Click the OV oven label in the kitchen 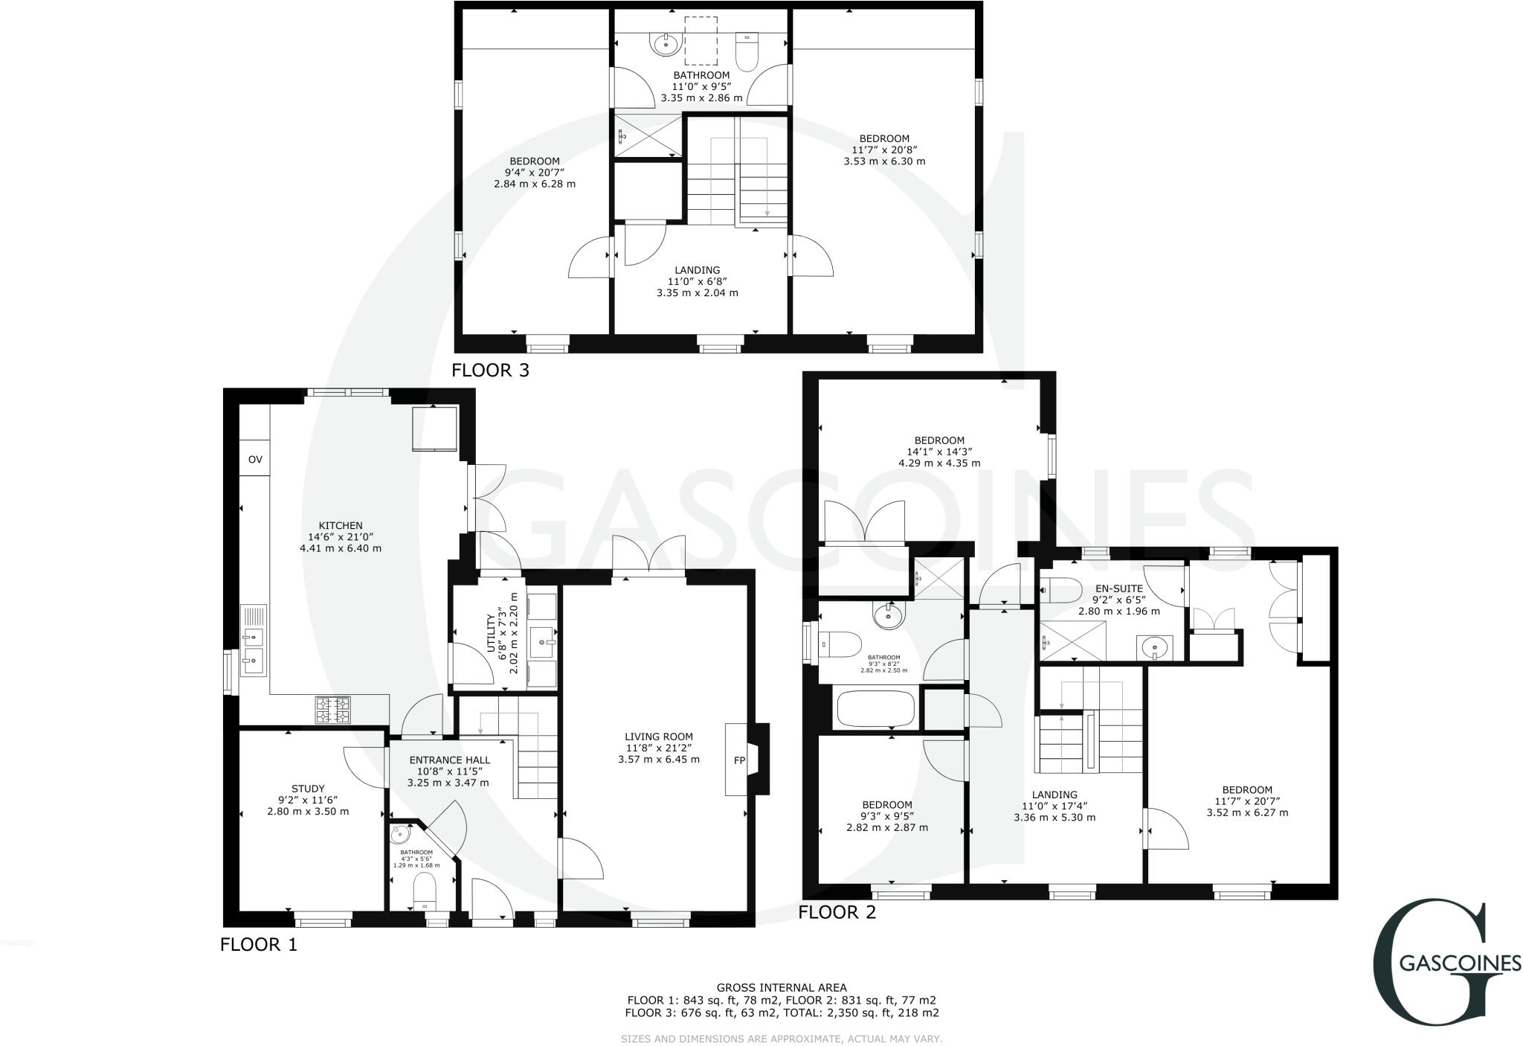(255, 460)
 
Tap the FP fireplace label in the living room (739, 760)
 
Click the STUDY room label (308, 789)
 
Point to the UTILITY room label (491, 633)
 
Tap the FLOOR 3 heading (491, 370)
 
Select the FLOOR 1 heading (259, 945)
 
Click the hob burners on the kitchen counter (333, 709)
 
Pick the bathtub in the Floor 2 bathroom (875, 709)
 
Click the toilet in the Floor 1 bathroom (424, 890)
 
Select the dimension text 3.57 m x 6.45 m (658, 760)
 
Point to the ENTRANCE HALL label (449, 760)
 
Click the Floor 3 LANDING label (697, 270)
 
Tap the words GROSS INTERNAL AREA (782, 988)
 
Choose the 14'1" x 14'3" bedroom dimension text (939, 451)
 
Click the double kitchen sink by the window (253, 648)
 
